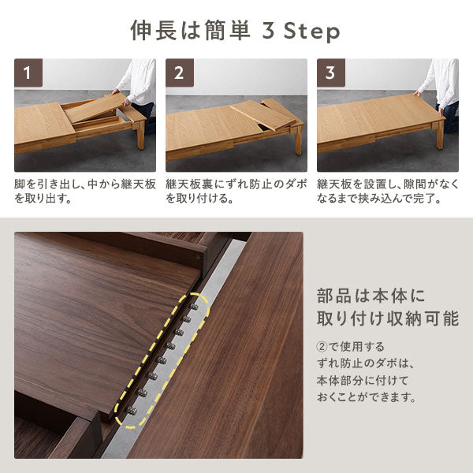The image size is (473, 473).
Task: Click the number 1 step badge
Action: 28,73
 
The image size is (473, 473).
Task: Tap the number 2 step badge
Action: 180,73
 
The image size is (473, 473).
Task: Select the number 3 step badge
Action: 331,73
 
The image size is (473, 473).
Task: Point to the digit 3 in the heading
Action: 268,31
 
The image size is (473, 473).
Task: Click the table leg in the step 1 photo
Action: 141,135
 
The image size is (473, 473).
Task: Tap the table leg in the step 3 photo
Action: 441,136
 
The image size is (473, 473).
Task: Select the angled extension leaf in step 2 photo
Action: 263,115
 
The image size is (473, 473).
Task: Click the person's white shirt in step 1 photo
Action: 139,80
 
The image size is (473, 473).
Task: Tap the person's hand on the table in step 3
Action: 418,94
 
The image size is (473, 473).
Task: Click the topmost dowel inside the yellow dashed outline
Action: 194,306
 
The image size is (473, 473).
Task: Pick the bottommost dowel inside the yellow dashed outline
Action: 131,411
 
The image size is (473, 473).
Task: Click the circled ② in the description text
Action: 322,347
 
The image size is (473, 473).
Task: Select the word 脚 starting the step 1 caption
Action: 20,184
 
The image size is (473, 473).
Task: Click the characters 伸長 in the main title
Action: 154,31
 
